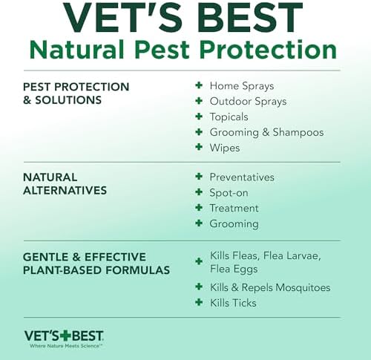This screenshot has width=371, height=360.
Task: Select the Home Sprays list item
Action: click(x=243, y=86)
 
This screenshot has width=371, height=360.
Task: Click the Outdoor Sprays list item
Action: click(x=248, y=102)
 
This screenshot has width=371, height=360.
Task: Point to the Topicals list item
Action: click(x=229, y=117)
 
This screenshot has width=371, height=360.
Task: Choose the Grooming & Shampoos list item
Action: click(x=266, y=133)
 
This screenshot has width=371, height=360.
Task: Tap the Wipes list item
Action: click(x=225, y=148)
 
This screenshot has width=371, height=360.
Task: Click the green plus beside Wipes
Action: click(x=198, y=148)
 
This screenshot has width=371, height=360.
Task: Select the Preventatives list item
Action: click(x=242, y=177)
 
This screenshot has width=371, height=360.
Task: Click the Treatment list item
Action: click(x=234, y=209)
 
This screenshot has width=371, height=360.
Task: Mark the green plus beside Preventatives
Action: click(x=198, y=177)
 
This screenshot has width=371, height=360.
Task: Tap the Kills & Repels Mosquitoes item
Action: click(x=270, y=287)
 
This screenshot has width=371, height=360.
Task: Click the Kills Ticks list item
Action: click(x=233, y=303)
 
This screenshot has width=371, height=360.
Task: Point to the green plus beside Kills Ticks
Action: click(x=198, y=303)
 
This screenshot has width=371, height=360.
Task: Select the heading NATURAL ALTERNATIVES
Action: click(x=65, y=184)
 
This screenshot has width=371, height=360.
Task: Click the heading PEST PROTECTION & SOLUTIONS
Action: click(x=76, y=94)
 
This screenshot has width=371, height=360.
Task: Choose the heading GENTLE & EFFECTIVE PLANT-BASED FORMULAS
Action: click(x=96, y=264)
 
